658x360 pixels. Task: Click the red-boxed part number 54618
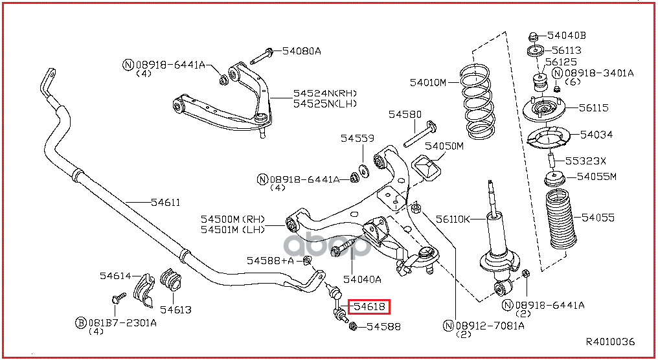369,306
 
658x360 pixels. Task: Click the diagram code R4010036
610,341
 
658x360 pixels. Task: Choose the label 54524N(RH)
325,93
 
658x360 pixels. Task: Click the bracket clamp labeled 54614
142,288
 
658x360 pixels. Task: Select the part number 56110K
453,219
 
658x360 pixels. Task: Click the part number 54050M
444,146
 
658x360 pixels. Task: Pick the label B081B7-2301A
120,322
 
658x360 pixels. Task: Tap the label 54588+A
270,260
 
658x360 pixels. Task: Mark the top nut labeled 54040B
533,36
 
